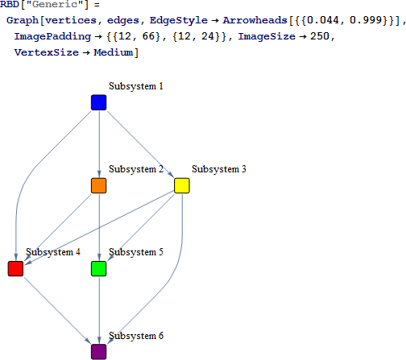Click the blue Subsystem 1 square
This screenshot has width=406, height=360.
(99, 102)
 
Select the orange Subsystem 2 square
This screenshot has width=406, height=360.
(99, 185)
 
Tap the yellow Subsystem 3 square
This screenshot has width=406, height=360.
(182, 185)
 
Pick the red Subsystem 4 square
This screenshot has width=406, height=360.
(15, 269)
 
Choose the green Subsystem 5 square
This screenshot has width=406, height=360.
(99, 269)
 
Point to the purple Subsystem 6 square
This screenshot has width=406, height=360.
(99, 352)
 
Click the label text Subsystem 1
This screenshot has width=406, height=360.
(136, 86)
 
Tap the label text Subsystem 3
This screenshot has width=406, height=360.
(219, 169)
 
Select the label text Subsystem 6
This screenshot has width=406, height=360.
(136, 336)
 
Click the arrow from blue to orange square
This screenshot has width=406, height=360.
(99, 144)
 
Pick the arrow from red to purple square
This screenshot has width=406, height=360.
(57, 310)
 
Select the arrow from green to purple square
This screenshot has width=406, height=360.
(99, 310)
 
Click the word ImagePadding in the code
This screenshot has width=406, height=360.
(52, 36)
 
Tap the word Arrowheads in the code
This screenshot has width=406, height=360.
(255, 20)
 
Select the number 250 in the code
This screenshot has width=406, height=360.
(320, 36)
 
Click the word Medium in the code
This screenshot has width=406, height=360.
(114, 52)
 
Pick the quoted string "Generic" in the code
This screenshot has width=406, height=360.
(55, 5)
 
